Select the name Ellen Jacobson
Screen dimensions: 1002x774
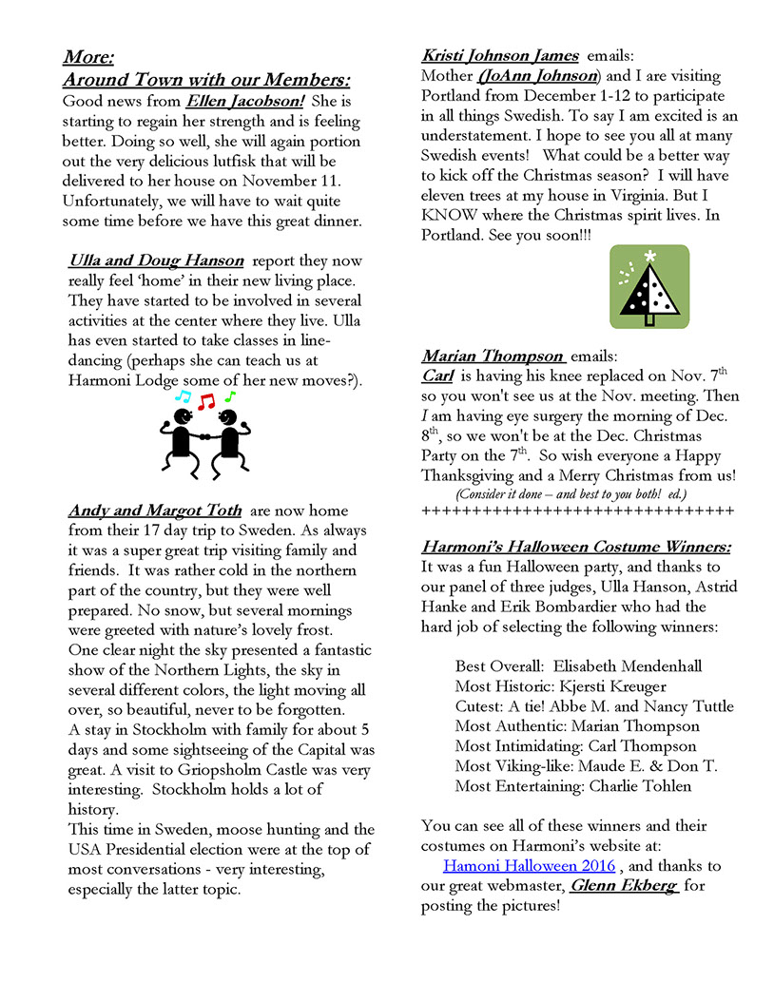click(x=244, y=100)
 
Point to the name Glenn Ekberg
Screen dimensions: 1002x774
click(x=624, y=886)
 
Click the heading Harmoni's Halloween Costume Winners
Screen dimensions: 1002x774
click(x=576, y=547)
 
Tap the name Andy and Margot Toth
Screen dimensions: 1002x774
click(x=155, y=511)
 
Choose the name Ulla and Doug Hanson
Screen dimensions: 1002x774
click(x=156, y=260)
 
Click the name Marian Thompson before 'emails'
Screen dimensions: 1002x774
click(x=493, y=356)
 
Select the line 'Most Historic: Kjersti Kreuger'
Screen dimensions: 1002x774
click(x=561, y=686)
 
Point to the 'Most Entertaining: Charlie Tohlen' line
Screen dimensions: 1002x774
click(x=572, y=786)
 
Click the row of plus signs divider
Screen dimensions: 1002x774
click(x=577, y=511)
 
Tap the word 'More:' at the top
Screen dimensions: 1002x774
click(x=89, y=57)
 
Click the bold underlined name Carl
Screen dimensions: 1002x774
click(x=438, y=376)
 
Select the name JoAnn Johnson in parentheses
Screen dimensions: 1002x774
click(x=539, y=76)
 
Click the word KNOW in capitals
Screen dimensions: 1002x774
click(x=451, y=216)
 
